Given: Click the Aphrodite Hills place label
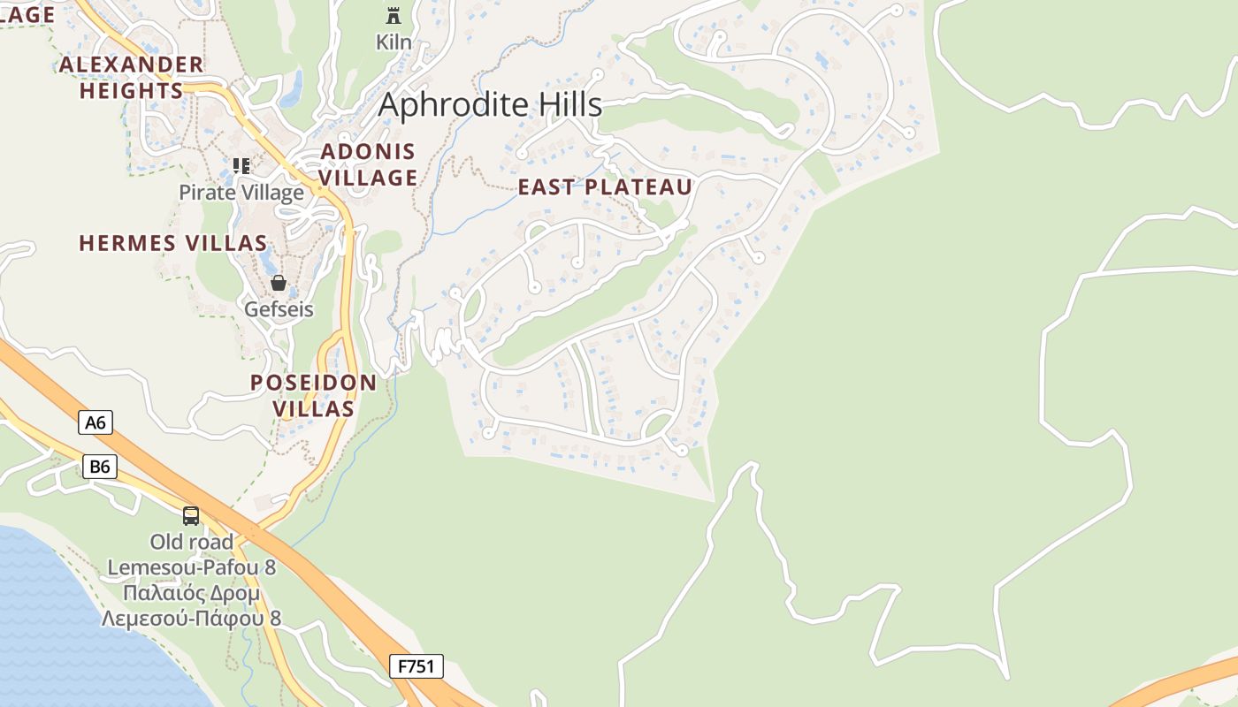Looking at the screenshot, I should [490, 104].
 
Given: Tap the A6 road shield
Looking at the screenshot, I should [96, 422].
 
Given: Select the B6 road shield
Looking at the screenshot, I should [100, 467].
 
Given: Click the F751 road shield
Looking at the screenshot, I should [416, 666].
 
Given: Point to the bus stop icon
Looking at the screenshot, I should [191, 516].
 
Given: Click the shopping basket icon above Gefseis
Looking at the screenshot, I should [279, 283].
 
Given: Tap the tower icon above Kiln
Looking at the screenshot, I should [394, 15].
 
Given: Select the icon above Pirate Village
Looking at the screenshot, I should [241, 165].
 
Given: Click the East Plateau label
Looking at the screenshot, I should [605, 187].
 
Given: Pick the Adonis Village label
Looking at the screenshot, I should [368, 164].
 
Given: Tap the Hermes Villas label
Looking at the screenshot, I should [173, 243].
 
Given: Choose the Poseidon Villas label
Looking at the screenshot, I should [313, 396].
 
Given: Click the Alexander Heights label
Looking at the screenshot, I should [132, 78].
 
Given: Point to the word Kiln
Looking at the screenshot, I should [394, 42].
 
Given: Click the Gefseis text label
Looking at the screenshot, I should [279, 310].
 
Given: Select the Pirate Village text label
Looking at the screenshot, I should [241, 193].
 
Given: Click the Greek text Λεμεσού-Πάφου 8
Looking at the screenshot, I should [191, 619].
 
